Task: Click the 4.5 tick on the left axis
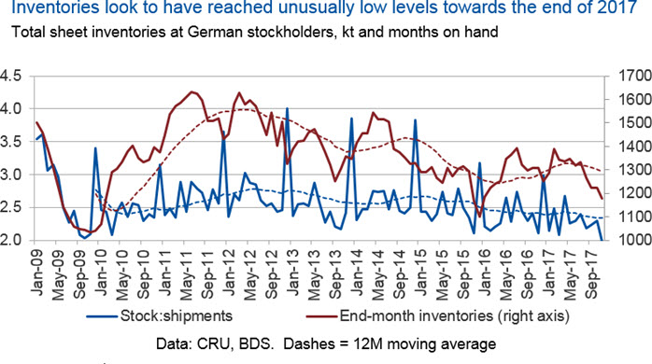(10, 76)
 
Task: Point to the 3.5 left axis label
(10, 142)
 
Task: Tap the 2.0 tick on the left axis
(10, 240)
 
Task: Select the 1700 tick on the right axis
(635, 76)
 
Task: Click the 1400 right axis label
(635, 147)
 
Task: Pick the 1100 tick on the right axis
(635, 217)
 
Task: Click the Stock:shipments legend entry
(160, 316)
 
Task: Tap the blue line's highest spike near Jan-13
(287, 108)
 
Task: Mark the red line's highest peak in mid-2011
(191, 91)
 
